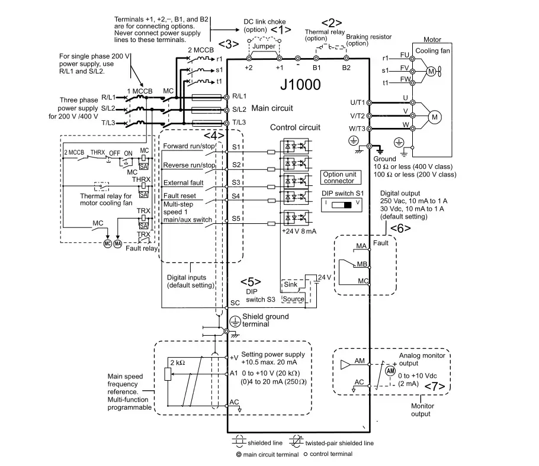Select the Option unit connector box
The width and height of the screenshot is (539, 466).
(x=339, y=178)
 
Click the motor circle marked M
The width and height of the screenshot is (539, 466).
(x=435, y=117)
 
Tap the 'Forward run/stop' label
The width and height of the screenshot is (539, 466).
(x=188, y=146)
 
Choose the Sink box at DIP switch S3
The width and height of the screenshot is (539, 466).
(x=291, y=285)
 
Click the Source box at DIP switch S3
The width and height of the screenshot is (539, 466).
(x=293, y=299)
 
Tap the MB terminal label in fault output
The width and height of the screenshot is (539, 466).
(x=361, y=264)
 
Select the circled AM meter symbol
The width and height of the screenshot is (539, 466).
(x=390, y=369)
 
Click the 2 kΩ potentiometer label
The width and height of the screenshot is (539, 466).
(x=178, y=362)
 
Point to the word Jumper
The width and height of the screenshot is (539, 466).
(x=264, y=46)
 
